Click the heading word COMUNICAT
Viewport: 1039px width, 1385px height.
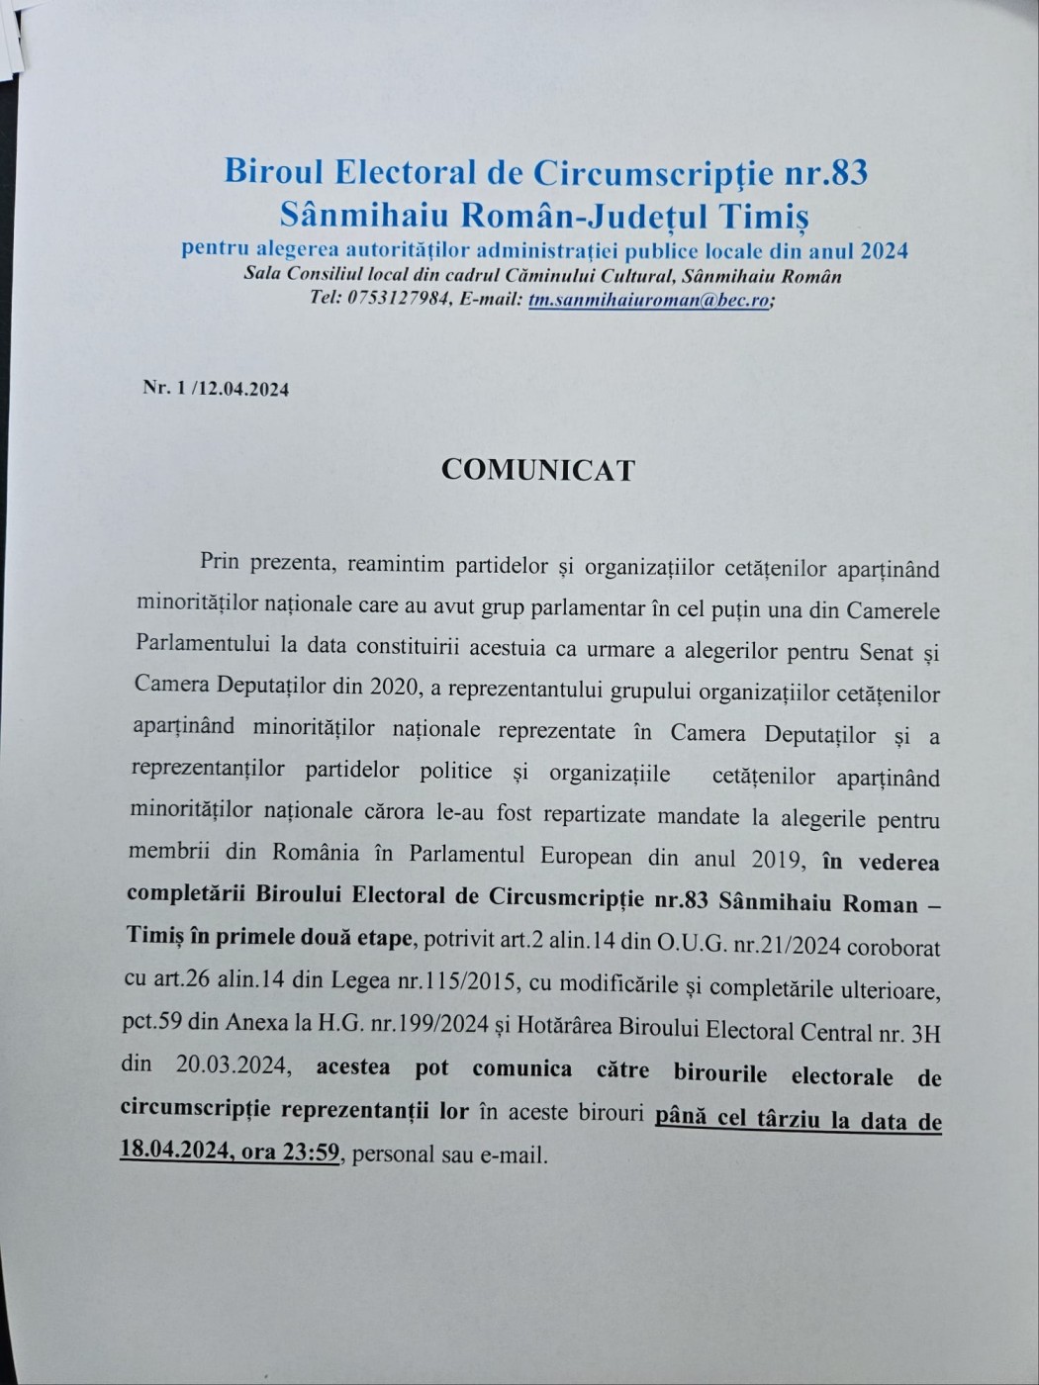click(x=537, y=470)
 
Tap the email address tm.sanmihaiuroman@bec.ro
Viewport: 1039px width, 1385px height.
click(x=648, y=300)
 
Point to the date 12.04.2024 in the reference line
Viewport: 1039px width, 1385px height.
click(x=243, y=389)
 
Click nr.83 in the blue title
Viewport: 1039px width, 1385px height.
click(x=826, y=172)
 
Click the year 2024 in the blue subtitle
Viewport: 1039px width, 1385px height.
click(x=884, y=250)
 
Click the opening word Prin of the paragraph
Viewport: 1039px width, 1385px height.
click(x=220, y=562)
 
